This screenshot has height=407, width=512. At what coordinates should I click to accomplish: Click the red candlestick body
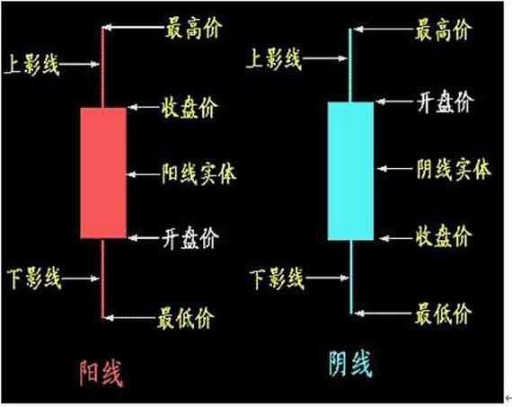[103, 173]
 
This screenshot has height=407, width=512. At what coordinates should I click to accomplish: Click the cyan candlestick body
[349, 171]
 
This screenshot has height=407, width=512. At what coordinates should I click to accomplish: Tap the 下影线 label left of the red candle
[32, 278]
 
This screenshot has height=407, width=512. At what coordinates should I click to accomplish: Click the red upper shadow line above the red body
[103, 67]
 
